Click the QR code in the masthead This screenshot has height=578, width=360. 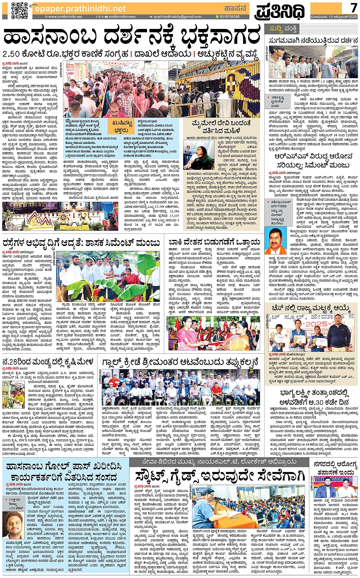tap(19, 10)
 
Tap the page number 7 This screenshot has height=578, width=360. tap(354, 8)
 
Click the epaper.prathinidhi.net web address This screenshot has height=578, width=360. tap(80, 8)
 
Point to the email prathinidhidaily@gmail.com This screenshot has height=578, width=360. tap(178, 17)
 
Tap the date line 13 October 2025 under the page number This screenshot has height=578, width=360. tap(333, 17)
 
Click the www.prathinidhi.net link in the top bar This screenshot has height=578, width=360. tap(65, 17)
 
